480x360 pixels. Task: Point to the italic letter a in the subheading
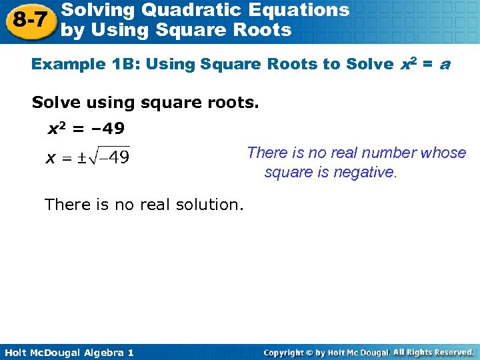tap(445, 65)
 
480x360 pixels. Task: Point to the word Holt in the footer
tap(15, 352)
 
